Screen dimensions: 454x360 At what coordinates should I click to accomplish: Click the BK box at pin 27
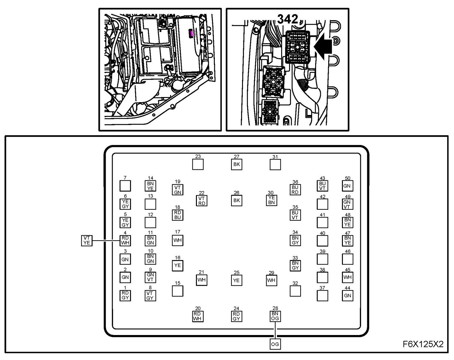pyautogui.click(x=237, y=164)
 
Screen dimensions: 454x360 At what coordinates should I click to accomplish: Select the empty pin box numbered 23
pyautogui.click(x=198, y=164)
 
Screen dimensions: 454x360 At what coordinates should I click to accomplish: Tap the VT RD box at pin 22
pyautogui.click(x=201, y=201)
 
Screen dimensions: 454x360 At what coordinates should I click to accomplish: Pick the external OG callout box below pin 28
pyautogui.click(x=275, y=344)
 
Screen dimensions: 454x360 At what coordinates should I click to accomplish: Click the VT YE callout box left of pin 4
pyautogui.click(x=87, y=240)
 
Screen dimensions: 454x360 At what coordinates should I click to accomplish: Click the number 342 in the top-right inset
pyautogui.click(x=288, y=19)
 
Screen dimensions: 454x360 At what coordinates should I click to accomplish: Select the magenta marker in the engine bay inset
pyautogui.click(x=191, y=33)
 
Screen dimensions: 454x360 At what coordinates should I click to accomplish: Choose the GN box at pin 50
pyautogui.click(x=347, y=186)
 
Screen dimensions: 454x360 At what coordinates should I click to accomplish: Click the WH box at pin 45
pyautogui.click(x=347, y=277)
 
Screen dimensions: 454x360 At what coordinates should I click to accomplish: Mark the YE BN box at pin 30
pyautogui.click(x=272, y=200)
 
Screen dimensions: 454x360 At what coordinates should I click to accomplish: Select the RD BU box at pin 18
pyautogui.click(x=178, y=215)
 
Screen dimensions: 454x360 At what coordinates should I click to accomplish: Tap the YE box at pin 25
pyautogui.click(x=237, y=281)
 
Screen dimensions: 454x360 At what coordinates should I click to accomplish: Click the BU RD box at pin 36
pyautogui.click(x=295, y=190)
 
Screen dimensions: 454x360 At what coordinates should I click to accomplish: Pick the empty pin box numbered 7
pyautogui.click(x=125, y=186)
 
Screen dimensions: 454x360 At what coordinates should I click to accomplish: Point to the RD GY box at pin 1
pyautogui.click(x=125, y=295)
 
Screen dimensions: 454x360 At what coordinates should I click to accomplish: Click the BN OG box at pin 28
pyautogui.click(x=275, y=316)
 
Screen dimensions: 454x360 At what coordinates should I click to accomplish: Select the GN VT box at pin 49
pyautogui.click(x=347, y=204)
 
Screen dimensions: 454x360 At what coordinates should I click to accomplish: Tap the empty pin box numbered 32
pyautogui.click(x=295, y=291)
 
